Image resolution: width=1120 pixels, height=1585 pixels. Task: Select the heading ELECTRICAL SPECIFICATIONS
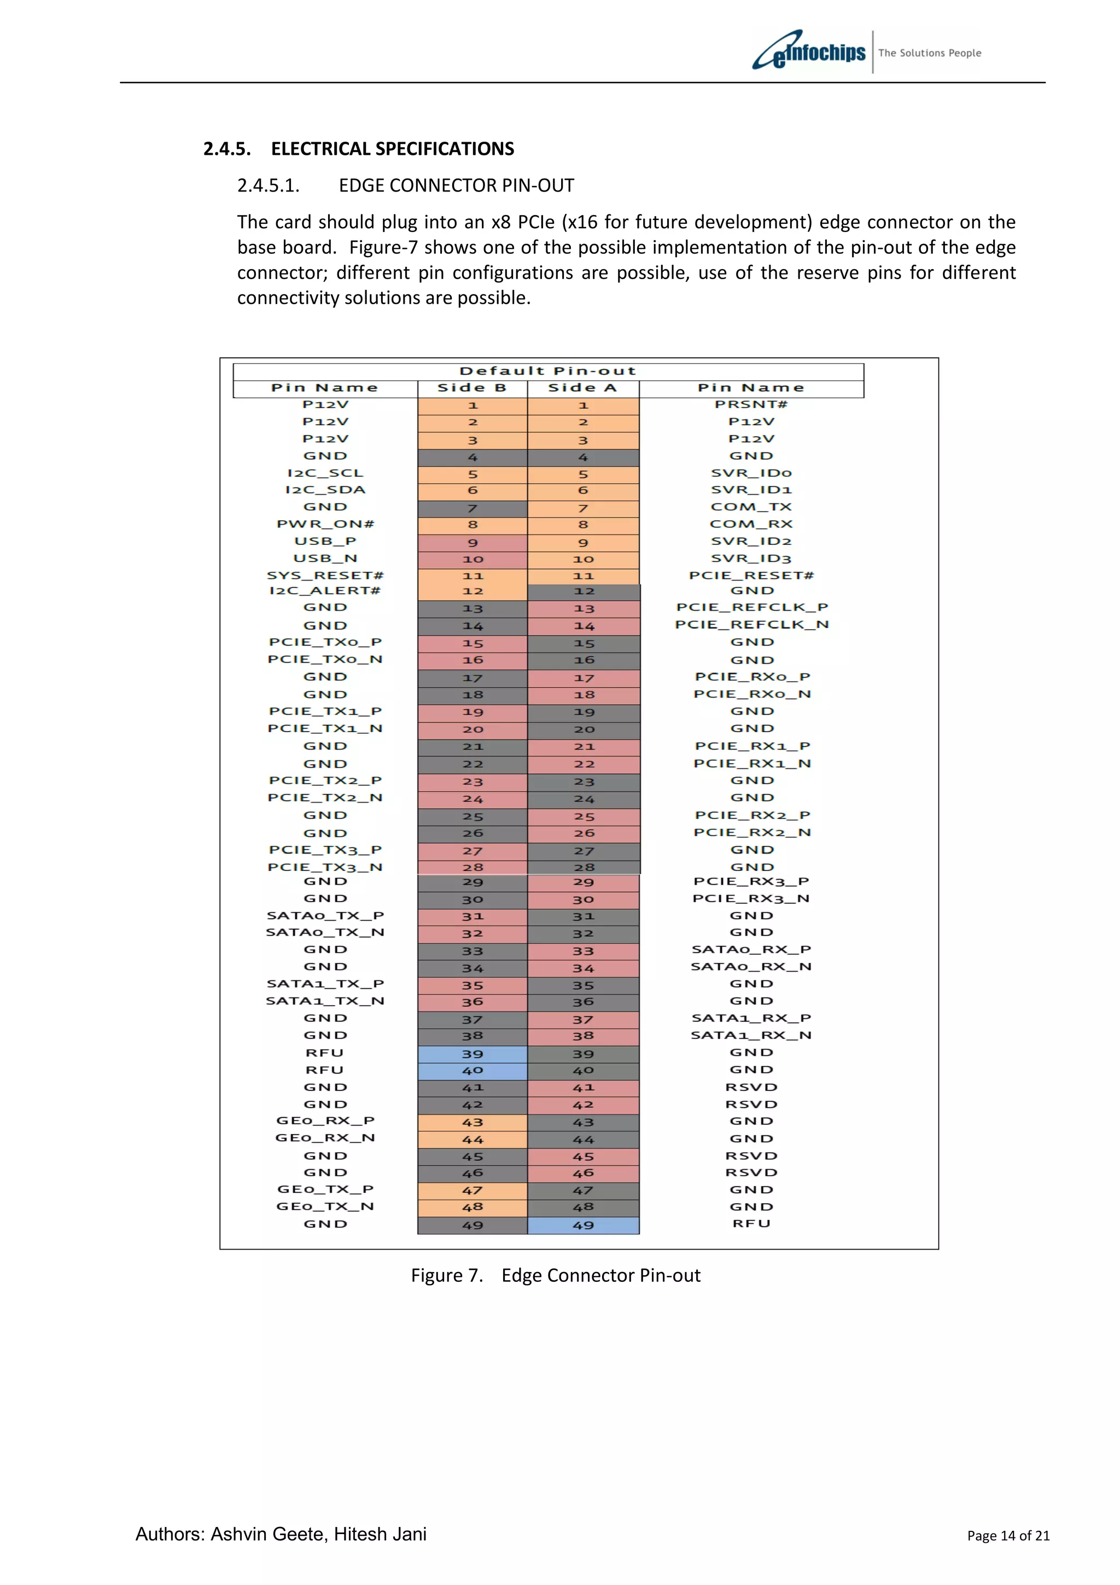[392, 149]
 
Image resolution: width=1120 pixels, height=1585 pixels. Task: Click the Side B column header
[472, 388]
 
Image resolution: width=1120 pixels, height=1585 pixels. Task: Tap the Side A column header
[582, 388]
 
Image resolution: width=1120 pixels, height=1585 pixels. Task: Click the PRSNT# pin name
[751, 404]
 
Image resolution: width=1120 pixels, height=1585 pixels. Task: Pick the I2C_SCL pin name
[325, 473]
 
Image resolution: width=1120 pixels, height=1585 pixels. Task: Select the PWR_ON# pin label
[325, 524]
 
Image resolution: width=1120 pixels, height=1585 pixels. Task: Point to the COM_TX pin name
[751, 507]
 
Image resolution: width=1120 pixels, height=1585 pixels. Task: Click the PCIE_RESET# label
[751, 575]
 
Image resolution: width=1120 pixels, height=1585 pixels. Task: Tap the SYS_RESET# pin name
[325, 575]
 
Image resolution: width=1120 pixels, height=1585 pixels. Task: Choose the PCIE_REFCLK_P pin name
[751, 607]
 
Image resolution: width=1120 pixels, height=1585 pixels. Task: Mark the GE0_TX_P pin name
[325, 1189]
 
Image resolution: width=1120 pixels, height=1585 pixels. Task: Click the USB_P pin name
[325, 541]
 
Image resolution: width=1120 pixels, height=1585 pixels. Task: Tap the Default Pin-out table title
[548, 371]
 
